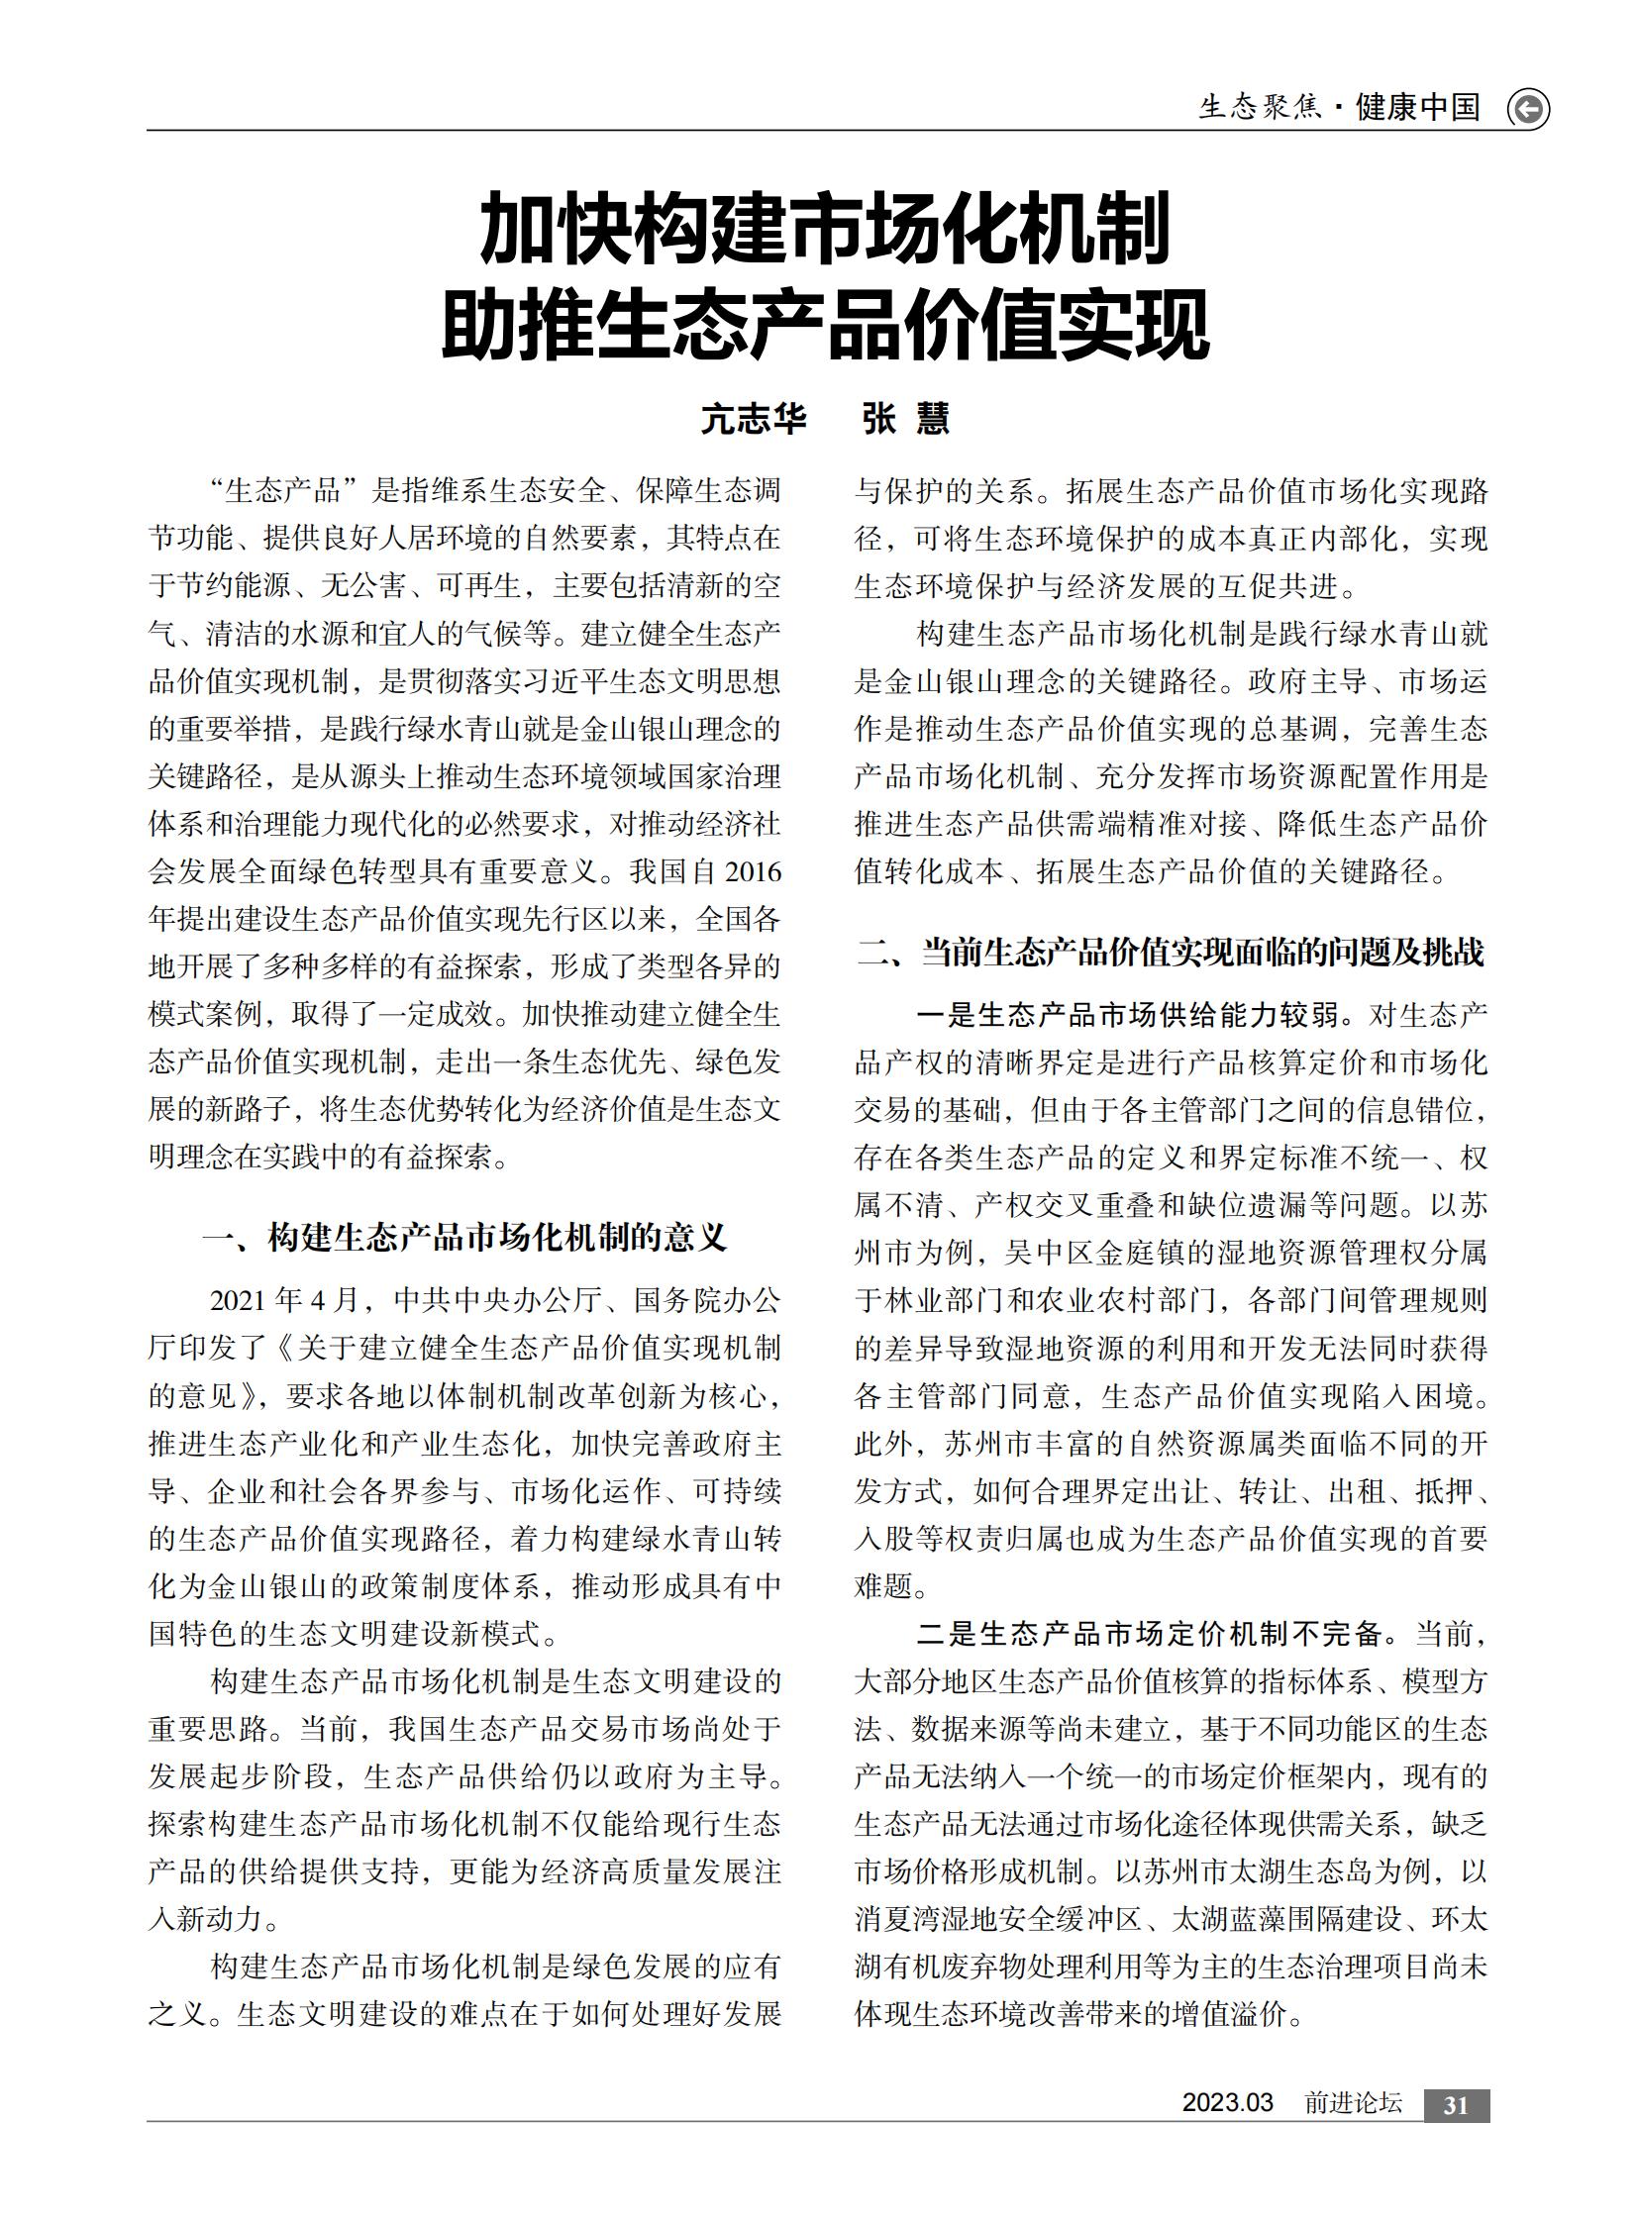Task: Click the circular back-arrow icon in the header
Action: coord(1528,108)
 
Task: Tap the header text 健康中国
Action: coord(1417,107)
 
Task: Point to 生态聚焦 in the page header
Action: coord(1260,107)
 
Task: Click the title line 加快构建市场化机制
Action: coord(825,230)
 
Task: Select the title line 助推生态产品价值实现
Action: coord(825,324)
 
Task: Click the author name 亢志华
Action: coord(754,419)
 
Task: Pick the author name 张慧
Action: coord(905,419)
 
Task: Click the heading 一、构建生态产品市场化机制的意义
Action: coord(464,1238)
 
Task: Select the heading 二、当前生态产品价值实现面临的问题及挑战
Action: coord(1170,952)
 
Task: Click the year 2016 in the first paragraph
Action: coord(753,871)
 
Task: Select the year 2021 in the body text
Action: coord(239,1300)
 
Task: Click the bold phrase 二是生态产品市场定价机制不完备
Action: coord(1149,1634)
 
